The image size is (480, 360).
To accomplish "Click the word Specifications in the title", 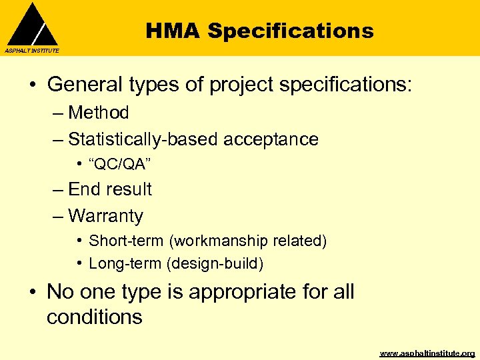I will (x=291, y=31).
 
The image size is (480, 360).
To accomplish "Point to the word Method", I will (x=99, y=113).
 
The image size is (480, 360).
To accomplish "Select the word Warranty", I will (x=105, y=216).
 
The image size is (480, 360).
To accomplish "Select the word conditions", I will (x=95, y=317).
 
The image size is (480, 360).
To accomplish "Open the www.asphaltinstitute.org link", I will (x=427, y=353).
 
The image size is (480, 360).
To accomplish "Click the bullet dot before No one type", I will (x=33, y=292).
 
